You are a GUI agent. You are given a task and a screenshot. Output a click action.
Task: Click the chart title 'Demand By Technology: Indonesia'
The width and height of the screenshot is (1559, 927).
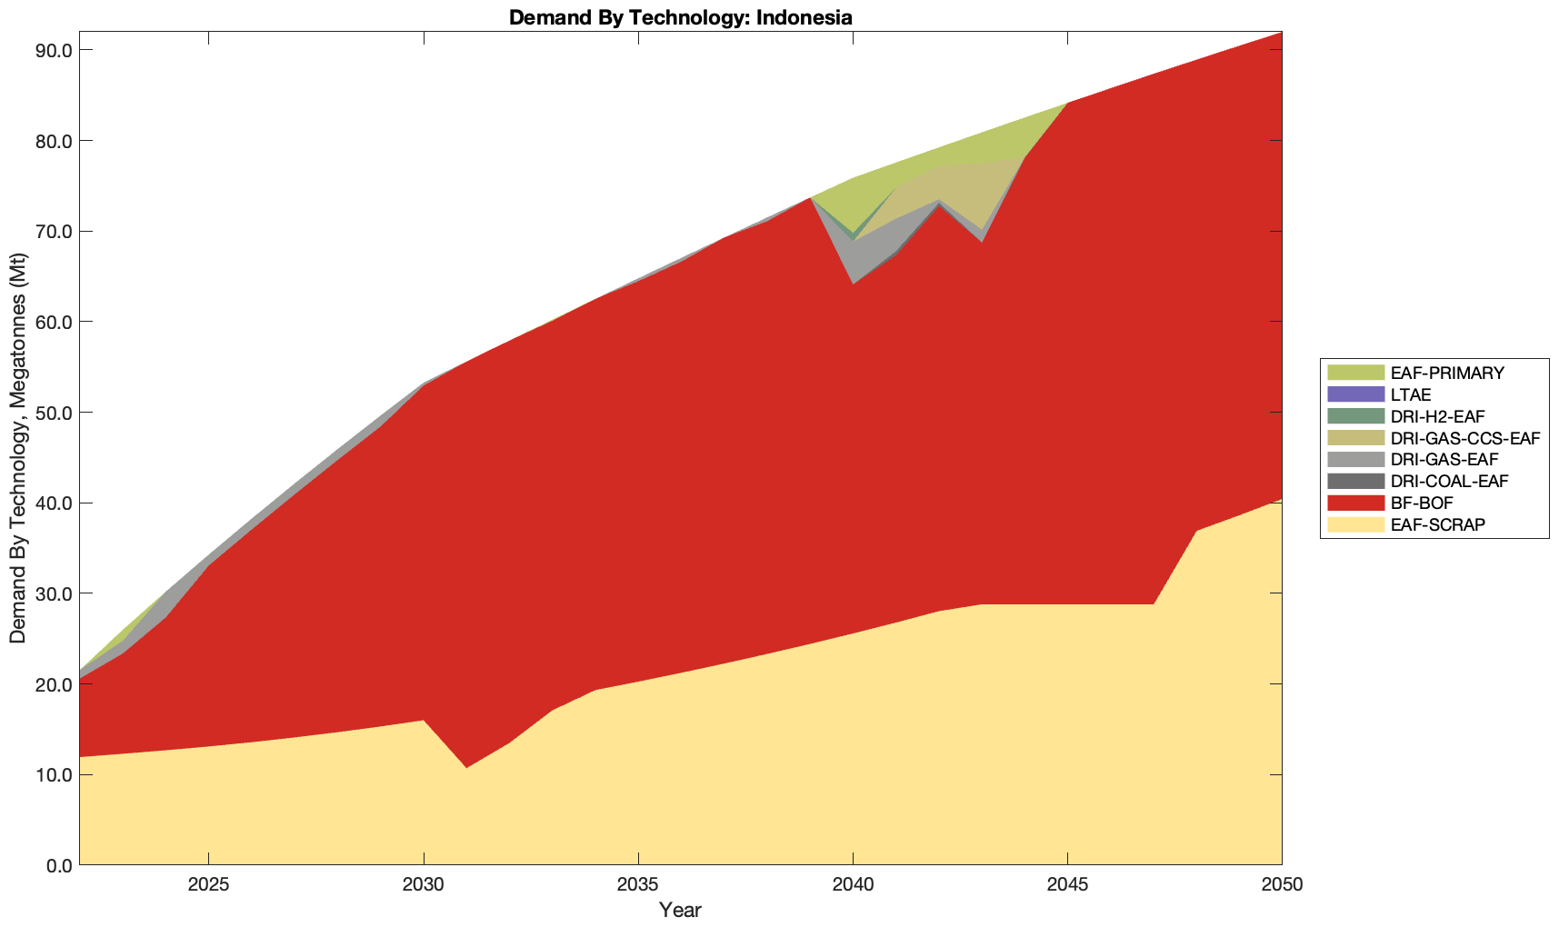click(x=680, y=17)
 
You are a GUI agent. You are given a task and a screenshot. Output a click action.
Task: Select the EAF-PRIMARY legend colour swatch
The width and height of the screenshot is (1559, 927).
click(x=1354, y=373)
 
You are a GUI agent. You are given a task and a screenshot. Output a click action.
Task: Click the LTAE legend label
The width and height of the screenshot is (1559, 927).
click(x=1411, y=394)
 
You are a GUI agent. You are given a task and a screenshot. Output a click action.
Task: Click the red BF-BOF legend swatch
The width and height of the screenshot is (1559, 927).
click(x=1354, y=503)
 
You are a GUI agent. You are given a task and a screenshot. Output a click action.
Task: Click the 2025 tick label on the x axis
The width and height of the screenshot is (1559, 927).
click(x=208, y=887)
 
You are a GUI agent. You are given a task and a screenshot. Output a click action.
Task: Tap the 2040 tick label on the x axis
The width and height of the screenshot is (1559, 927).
click(x=853, y=887)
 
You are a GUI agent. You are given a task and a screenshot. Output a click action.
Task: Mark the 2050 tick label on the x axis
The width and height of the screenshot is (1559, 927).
click(x=1282, y=887)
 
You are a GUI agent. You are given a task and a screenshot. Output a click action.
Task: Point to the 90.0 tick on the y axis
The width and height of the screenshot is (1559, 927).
click(x=54, y=50)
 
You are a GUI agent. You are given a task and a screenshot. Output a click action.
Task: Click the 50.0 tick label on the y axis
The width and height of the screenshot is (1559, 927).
click(x=54, y=413)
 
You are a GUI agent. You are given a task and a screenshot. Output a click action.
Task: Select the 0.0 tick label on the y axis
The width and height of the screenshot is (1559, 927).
click(x=58, y=865)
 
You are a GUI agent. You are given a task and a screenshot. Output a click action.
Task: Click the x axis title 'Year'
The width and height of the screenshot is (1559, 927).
click(x=680, y=910)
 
